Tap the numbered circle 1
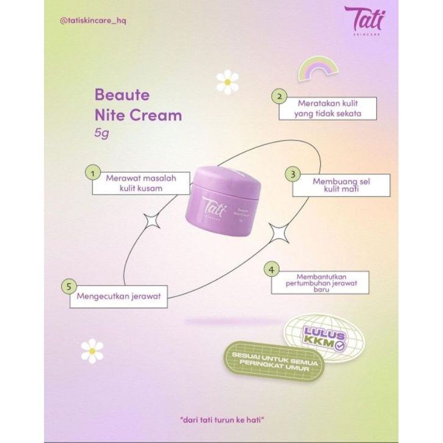(x=92, y=174)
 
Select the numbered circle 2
(x=279, y=96)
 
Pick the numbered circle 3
(x=293, y=174)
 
